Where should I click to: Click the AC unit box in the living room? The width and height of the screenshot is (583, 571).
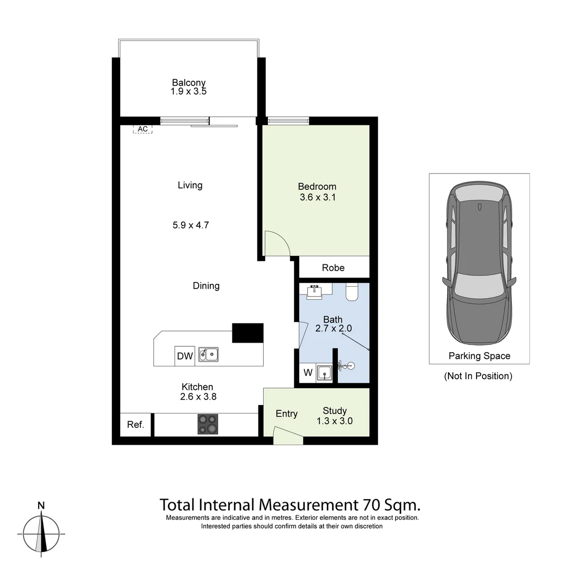[x=142, y=129]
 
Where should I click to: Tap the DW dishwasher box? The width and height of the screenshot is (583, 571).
[x=185, y=356]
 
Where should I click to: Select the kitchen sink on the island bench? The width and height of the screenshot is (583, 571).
[x=209, y=354]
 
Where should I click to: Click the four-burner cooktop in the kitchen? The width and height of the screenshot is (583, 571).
[x=208, y=424]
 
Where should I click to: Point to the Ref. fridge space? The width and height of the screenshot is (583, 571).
[x=136, y=425]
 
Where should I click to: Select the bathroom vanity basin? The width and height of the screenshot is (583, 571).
[x=315, y=291]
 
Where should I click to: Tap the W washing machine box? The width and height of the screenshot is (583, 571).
[x=308, y=373]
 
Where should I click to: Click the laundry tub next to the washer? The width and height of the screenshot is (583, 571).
[x=324, y=373]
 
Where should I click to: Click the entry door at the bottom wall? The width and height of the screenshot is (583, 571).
[x=288, y=438]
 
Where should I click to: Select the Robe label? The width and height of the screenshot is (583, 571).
[x=333, y=268]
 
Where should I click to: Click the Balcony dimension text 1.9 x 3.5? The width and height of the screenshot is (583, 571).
[x=189, y=91]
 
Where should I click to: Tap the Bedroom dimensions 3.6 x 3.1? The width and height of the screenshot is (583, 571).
[x=317, y=198]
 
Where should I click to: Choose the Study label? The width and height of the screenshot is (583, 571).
[x=335, y=411]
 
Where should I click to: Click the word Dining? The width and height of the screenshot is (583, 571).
[x=206, y=285]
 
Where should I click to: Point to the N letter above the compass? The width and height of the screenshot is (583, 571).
[x=41, y=505]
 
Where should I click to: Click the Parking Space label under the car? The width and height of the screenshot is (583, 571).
[x=479, y=356]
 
